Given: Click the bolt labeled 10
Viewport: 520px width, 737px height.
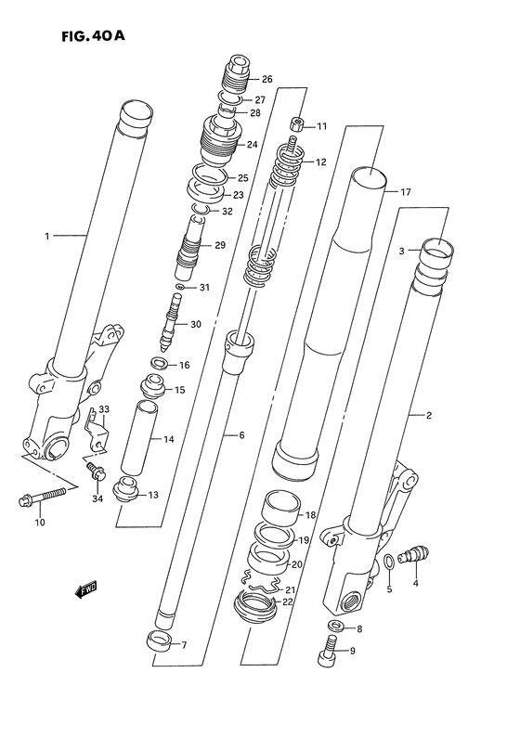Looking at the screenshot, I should (43, 496).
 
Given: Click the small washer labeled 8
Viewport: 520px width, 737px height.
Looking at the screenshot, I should (336, 628).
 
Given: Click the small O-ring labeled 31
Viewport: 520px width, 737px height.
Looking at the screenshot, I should (178, 288).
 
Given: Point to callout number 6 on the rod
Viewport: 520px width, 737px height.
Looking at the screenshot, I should (240, 435).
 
